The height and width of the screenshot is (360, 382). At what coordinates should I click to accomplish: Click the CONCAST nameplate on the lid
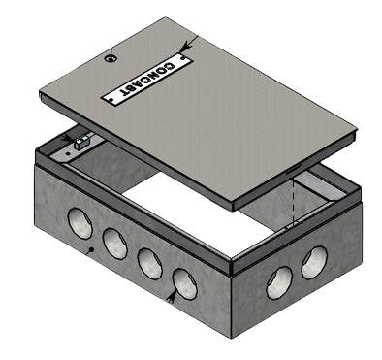tap(147, 80)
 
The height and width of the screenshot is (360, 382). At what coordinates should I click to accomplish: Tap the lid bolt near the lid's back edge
tap(111, 58)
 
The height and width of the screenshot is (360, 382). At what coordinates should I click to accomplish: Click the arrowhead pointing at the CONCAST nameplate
tap(184, 49)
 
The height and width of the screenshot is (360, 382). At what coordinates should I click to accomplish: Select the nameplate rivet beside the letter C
tap(183, 58)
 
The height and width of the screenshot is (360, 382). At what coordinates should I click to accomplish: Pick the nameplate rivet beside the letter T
tap(111, 100)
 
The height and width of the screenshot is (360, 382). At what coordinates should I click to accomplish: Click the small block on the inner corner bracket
tap(81, 143)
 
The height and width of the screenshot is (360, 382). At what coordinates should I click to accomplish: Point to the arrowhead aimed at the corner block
tap(69, 138)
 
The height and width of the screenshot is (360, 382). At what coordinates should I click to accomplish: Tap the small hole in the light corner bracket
tap(68, 153)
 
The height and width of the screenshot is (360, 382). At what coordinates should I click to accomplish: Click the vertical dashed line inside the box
tap(293, 202)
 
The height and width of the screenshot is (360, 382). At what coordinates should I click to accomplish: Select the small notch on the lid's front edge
tap(293, 169)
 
